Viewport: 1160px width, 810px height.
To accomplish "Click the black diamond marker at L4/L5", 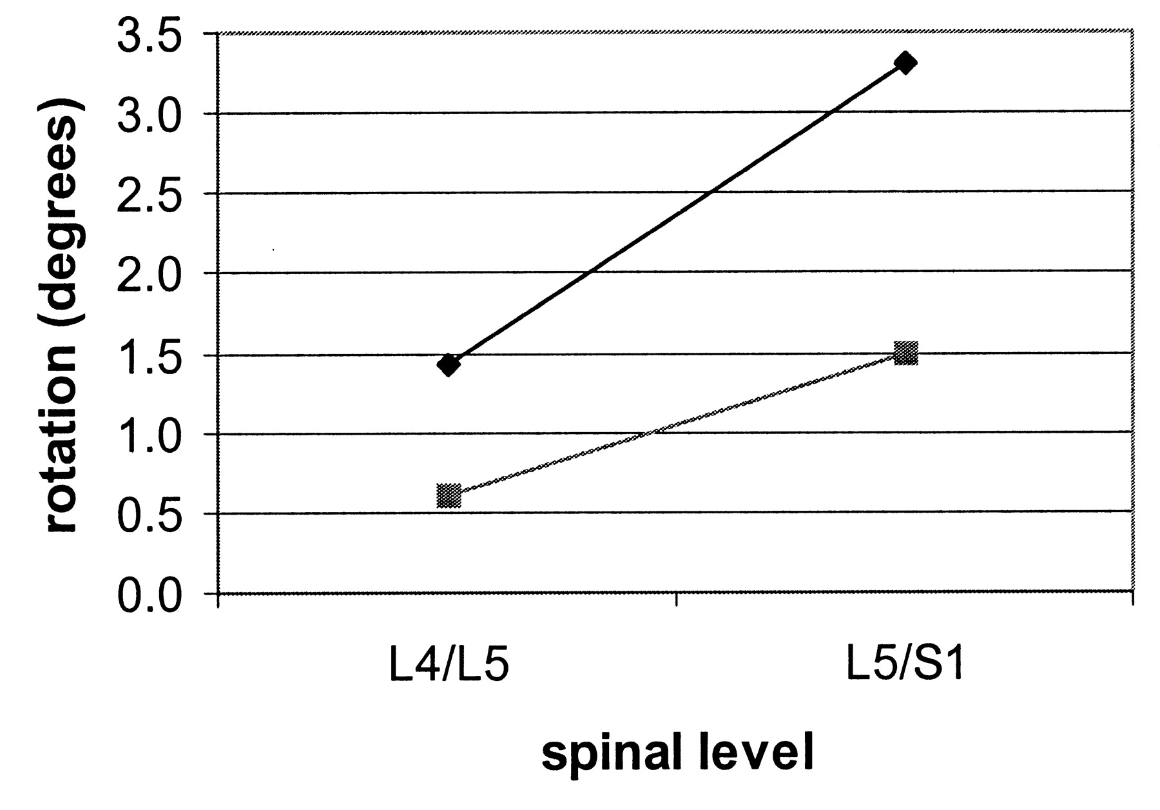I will point(449,364).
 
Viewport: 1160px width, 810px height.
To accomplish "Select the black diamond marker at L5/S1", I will point(905,63).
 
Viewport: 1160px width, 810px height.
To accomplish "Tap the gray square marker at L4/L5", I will point(449,496).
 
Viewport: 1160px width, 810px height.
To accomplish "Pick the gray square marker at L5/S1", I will point(905,353).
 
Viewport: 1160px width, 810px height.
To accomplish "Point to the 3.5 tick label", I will point(159,36).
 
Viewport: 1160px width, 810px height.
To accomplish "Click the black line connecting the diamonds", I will point(677,214).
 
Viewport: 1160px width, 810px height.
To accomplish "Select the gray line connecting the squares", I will point(677,424).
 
